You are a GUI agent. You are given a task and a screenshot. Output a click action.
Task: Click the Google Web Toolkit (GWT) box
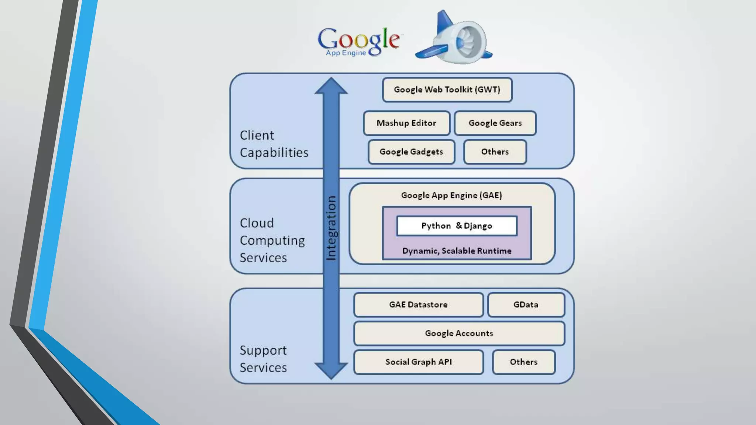pos(447,90)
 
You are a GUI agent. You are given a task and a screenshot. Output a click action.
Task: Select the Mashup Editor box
pos(406,123)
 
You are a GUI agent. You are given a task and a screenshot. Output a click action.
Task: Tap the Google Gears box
pos(495,123)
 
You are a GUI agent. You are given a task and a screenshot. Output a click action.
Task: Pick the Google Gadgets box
pos(411,152)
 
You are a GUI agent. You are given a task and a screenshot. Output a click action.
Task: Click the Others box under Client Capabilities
pos(495,152)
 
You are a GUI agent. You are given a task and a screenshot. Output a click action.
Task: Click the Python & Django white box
pos(457,226)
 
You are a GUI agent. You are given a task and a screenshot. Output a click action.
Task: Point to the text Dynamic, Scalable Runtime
pos(457,251)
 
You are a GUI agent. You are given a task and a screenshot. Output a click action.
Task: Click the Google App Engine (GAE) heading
pos(451,195)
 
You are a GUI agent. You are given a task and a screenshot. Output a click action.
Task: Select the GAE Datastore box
pos(418,305)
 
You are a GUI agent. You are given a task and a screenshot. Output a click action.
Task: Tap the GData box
pos(526,305)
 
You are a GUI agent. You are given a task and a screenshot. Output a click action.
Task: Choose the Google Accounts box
pos(459,334)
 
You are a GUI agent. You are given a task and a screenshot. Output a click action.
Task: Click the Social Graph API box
pos(418,362)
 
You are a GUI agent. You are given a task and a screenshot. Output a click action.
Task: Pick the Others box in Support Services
pos(523,362)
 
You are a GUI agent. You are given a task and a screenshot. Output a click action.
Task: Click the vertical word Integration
pos(331,228)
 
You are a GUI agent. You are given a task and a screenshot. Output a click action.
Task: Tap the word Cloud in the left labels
pos(257,223)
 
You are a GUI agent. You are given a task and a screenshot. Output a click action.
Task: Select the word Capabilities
pos(274,153)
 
